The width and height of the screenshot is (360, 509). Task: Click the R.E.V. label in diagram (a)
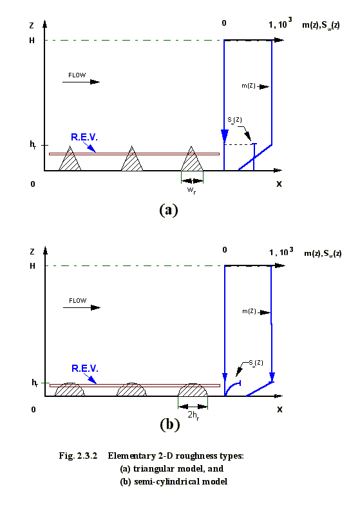[x=84, y=137]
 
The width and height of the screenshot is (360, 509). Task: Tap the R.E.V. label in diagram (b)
[x=84, y=369]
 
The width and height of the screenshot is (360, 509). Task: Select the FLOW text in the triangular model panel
[x=77, y=75]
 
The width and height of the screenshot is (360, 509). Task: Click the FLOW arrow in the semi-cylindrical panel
[x=82, y=307]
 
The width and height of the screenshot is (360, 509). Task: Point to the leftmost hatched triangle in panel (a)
[x=70, y=158]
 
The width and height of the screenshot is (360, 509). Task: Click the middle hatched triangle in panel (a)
[x=132, y=158]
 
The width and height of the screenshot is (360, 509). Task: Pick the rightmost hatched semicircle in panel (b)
[x=193, y=390]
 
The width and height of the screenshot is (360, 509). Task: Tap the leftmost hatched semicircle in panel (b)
[x=70, y=390]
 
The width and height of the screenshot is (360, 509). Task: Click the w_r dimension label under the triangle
[x=192, y=190]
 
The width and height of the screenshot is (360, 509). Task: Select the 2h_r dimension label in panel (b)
[x=193, y=415]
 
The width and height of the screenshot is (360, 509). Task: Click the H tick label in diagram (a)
[x=32, y=41]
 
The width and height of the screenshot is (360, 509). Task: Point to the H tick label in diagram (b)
[x=32, y=266]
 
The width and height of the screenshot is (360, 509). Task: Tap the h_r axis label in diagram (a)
[x=33, y=145]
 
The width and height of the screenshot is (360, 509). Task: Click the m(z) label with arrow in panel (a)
[x=255, y=86]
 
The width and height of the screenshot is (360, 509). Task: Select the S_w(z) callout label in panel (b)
[x=256, y=362]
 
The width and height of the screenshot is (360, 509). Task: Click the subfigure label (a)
[x=169, y=209]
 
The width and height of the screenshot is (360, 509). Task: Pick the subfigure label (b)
[x=169, y=425]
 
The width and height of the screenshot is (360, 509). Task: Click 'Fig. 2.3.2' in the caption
[x=78, y=456]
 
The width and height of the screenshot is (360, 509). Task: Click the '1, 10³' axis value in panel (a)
[x=280, y=23]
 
